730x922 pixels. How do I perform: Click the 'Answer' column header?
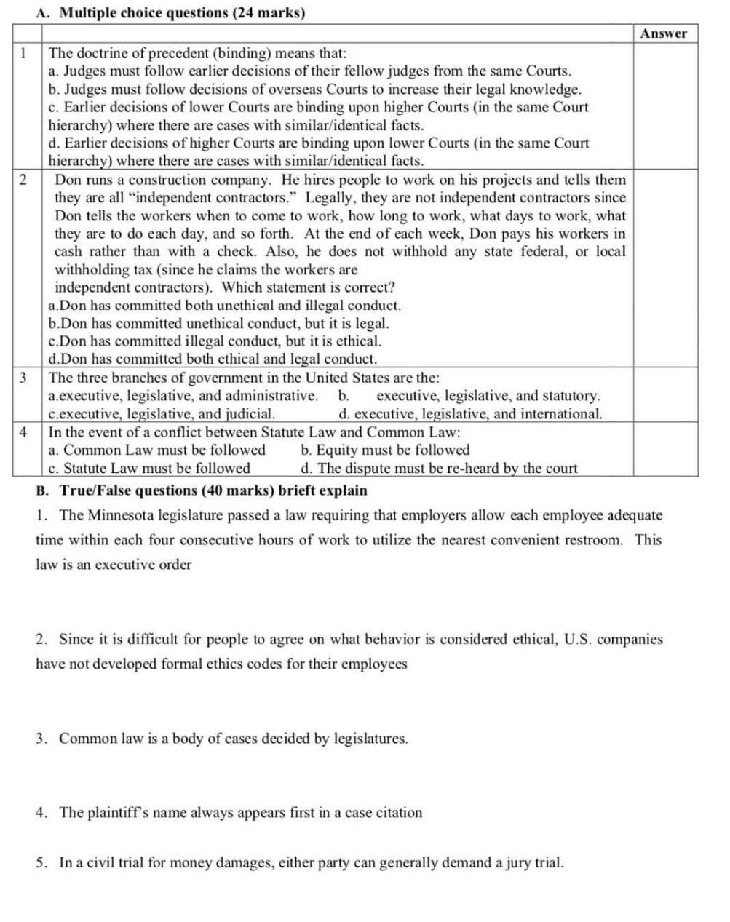pyautogui.click(x=664, y=33)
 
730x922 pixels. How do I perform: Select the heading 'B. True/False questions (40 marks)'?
pyautogui.click(x=202, y=490)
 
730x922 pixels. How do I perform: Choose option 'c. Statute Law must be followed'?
pyautogui.click(x=149, y=468)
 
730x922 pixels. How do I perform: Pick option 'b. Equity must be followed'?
pyautogui.click(x=385, y=450)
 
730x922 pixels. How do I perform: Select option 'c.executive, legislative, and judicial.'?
pyautogui.click(x=161, y=414)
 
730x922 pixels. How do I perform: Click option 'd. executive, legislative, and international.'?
pyautogui.click(x=470, y=414)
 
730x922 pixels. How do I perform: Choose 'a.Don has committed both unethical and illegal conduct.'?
pyautogui.click(x=224, y=306)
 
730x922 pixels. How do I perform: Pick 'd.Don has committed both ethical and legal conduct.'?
pyautogui.click(x=213, y=359)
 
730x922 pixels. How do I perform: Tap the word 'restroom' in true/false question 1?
pyautogui.click(x=595, y=540)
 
